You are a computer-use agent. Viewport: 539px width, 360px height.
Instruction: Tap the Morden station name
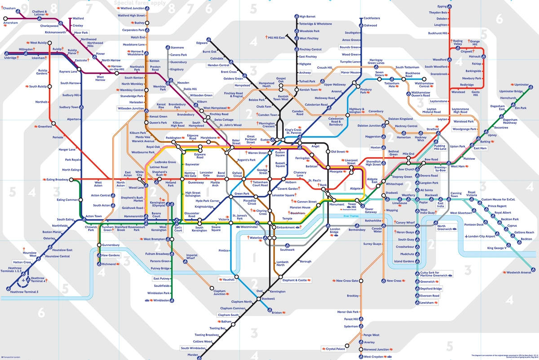tap(193, 355)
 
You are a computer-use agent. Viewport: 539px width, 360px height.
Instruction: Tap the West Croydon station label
tap(374, 356)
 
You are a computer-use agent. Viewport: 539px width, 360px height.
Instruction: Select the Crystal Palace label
tap(336, 349)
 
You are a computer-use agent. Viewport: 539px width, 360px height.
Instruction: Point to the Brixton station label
tap(277, 312)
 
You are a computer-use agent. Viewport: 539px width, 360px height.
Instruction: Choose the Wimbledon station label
tap(162, 300)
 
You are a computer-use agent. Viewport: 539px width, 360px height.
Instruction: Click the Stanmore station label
tap(177, 48)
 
